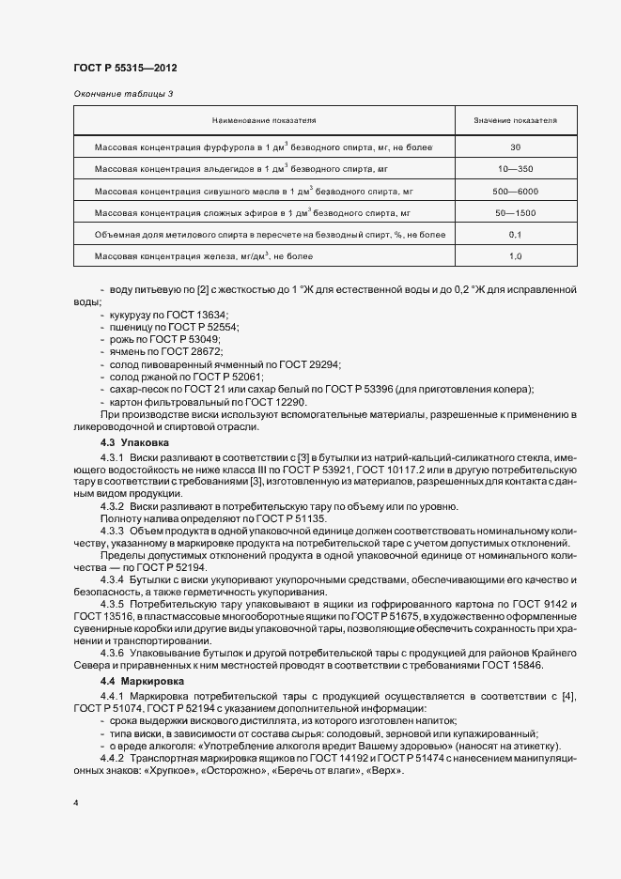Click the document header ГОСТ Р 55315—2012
[124, 69]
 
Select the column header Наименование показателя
[263, 121]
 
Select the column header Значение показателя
[515, 121]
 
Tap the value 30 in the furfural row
[515, 147]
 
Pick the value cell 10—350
[515, 169]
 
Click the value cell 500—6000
[515, 191]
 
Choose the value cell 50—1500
[515, 213]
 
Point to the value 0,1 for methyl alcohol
[515, 234]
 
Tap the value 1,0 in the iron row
[515, 255]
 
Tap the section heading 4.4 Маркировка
[142, 679]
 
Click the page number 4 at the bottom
[76, 804]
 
